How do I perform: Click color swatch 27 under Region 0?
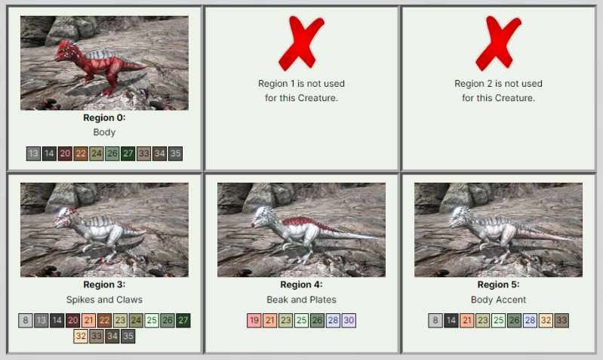point(128,153)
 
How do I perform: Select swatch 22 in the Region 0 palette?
point(81,153)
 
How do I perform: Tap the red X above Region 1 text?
point(301,43)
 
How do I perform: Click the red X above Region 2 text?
point(498,43)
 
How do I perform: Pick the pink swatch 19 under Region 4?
point(254,321)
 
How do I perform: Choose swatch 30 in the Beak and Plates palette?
point(349,321)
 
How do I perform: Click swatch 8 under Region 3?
point(26,321)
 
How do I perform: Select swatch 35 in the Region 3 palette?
point(128,336)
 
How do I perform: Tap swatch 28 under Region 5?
point(530,321)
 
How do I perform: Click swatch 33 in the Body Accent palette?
point(561,321)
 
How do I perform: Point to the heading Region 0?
point(104,118)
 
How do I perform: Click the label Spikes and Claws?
point(104,300)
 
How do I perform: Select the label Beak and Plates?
point(302,300)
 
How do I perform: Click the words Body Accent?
point(498,300)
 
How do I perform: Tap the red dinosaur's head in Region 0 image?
point(66,52)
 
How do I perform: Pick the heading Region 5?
point(498,285)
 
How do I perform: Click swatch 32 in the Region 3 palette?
point(81,336)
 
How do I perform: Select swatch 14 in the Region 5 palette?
point(451,321)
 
